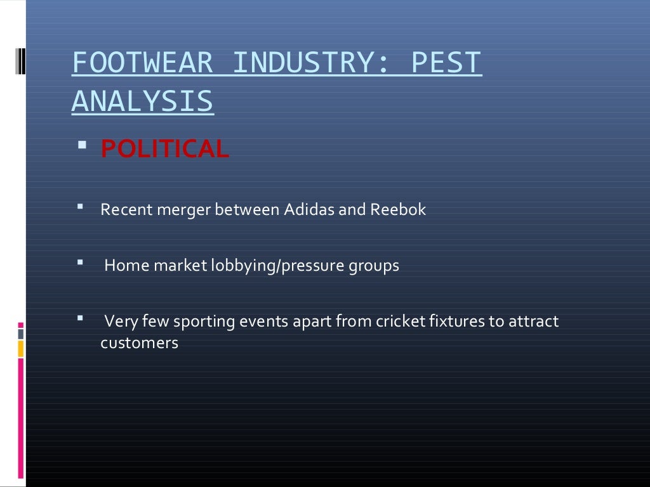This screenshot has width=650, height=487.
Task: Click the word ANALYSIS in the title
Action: [142, 102]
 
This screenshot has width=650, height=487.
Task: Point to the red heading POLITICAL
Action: [164, 150]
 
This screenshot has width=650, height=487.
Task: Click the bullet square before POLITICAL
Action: [81, 147]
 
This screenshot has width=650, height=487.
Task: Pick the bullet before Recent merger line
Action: [81, 207]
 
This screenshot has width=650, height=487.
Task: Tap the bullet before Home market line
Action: [81, 263]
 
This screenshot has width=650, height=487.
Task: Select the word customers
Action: [139, 344]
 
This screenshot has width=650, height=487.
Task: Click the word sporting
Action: [204, 321]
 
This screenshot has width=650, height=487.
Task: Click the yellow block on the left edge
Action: [20, 349]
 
